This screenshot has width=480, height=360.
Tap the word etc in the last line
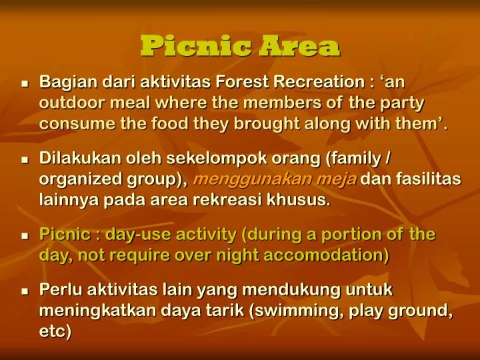tap(55, 331)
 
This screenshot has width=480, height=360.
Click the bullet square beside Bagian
tap(25, 85)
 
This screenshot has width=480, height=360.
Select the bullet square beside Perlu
tap(25, 292)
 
